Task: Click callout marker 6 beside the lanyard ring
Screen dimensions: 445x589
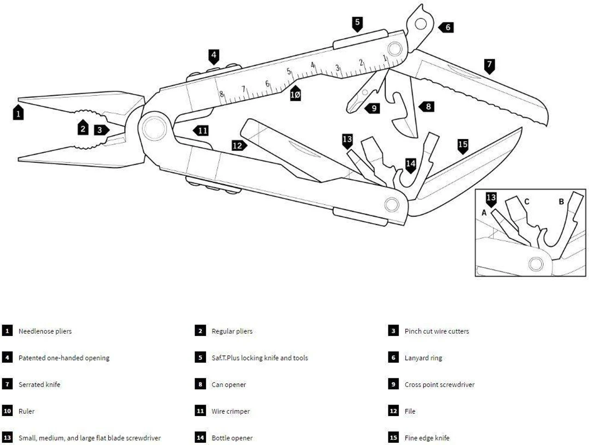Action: (x=447, y=27)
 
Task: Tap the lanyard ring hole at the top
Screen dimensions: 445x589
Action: (x=421, y=23)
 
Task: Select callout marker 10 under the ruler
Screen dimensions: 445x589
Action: (x=295, y=94)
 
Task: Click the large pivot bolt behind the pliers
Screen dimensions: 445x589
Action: (x=154, y=128)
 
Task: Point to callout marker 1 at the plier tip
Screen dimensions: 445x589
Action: (x=18, y=112)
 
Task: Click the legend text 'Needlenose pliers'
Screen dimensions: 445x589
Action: (x=45, y=331)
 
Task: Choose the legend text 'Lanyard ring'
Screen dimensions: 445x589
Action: (x=423, y=358)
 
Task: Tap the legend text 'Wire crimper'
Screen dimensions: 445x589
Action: (x=231, y=411)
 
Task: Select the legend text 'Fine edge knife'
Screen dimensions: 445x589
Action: (x=427, y=438)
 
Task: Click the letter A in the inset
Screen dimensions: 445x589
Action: (x=484, y=213)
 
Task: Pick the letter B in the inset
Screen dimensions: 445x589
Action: (x=561, y=202)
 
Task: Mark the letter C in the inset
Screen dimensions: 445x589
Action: (x=527, y=202)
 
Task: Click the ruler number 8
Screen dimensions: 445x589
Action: (x=221, y=94)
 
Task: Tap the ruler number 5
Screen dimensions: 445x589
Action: (x=289, y=71)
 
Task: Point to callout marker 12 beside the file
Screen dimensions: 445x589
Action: (x=238, y=145)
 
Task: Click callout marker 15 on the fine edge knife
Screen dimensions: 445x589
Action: (x=462, y=145)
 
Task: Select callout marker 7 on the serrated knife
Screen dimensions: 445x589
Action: (x=490, y=65)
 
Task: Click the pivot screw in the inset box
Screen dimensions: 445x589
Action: (x=536, y=264)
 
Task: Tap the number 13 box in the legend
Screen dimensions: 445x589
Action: (x=7, y=438)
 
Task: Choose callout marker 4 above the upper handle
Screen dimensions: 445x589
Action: (x=214, y=56)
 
